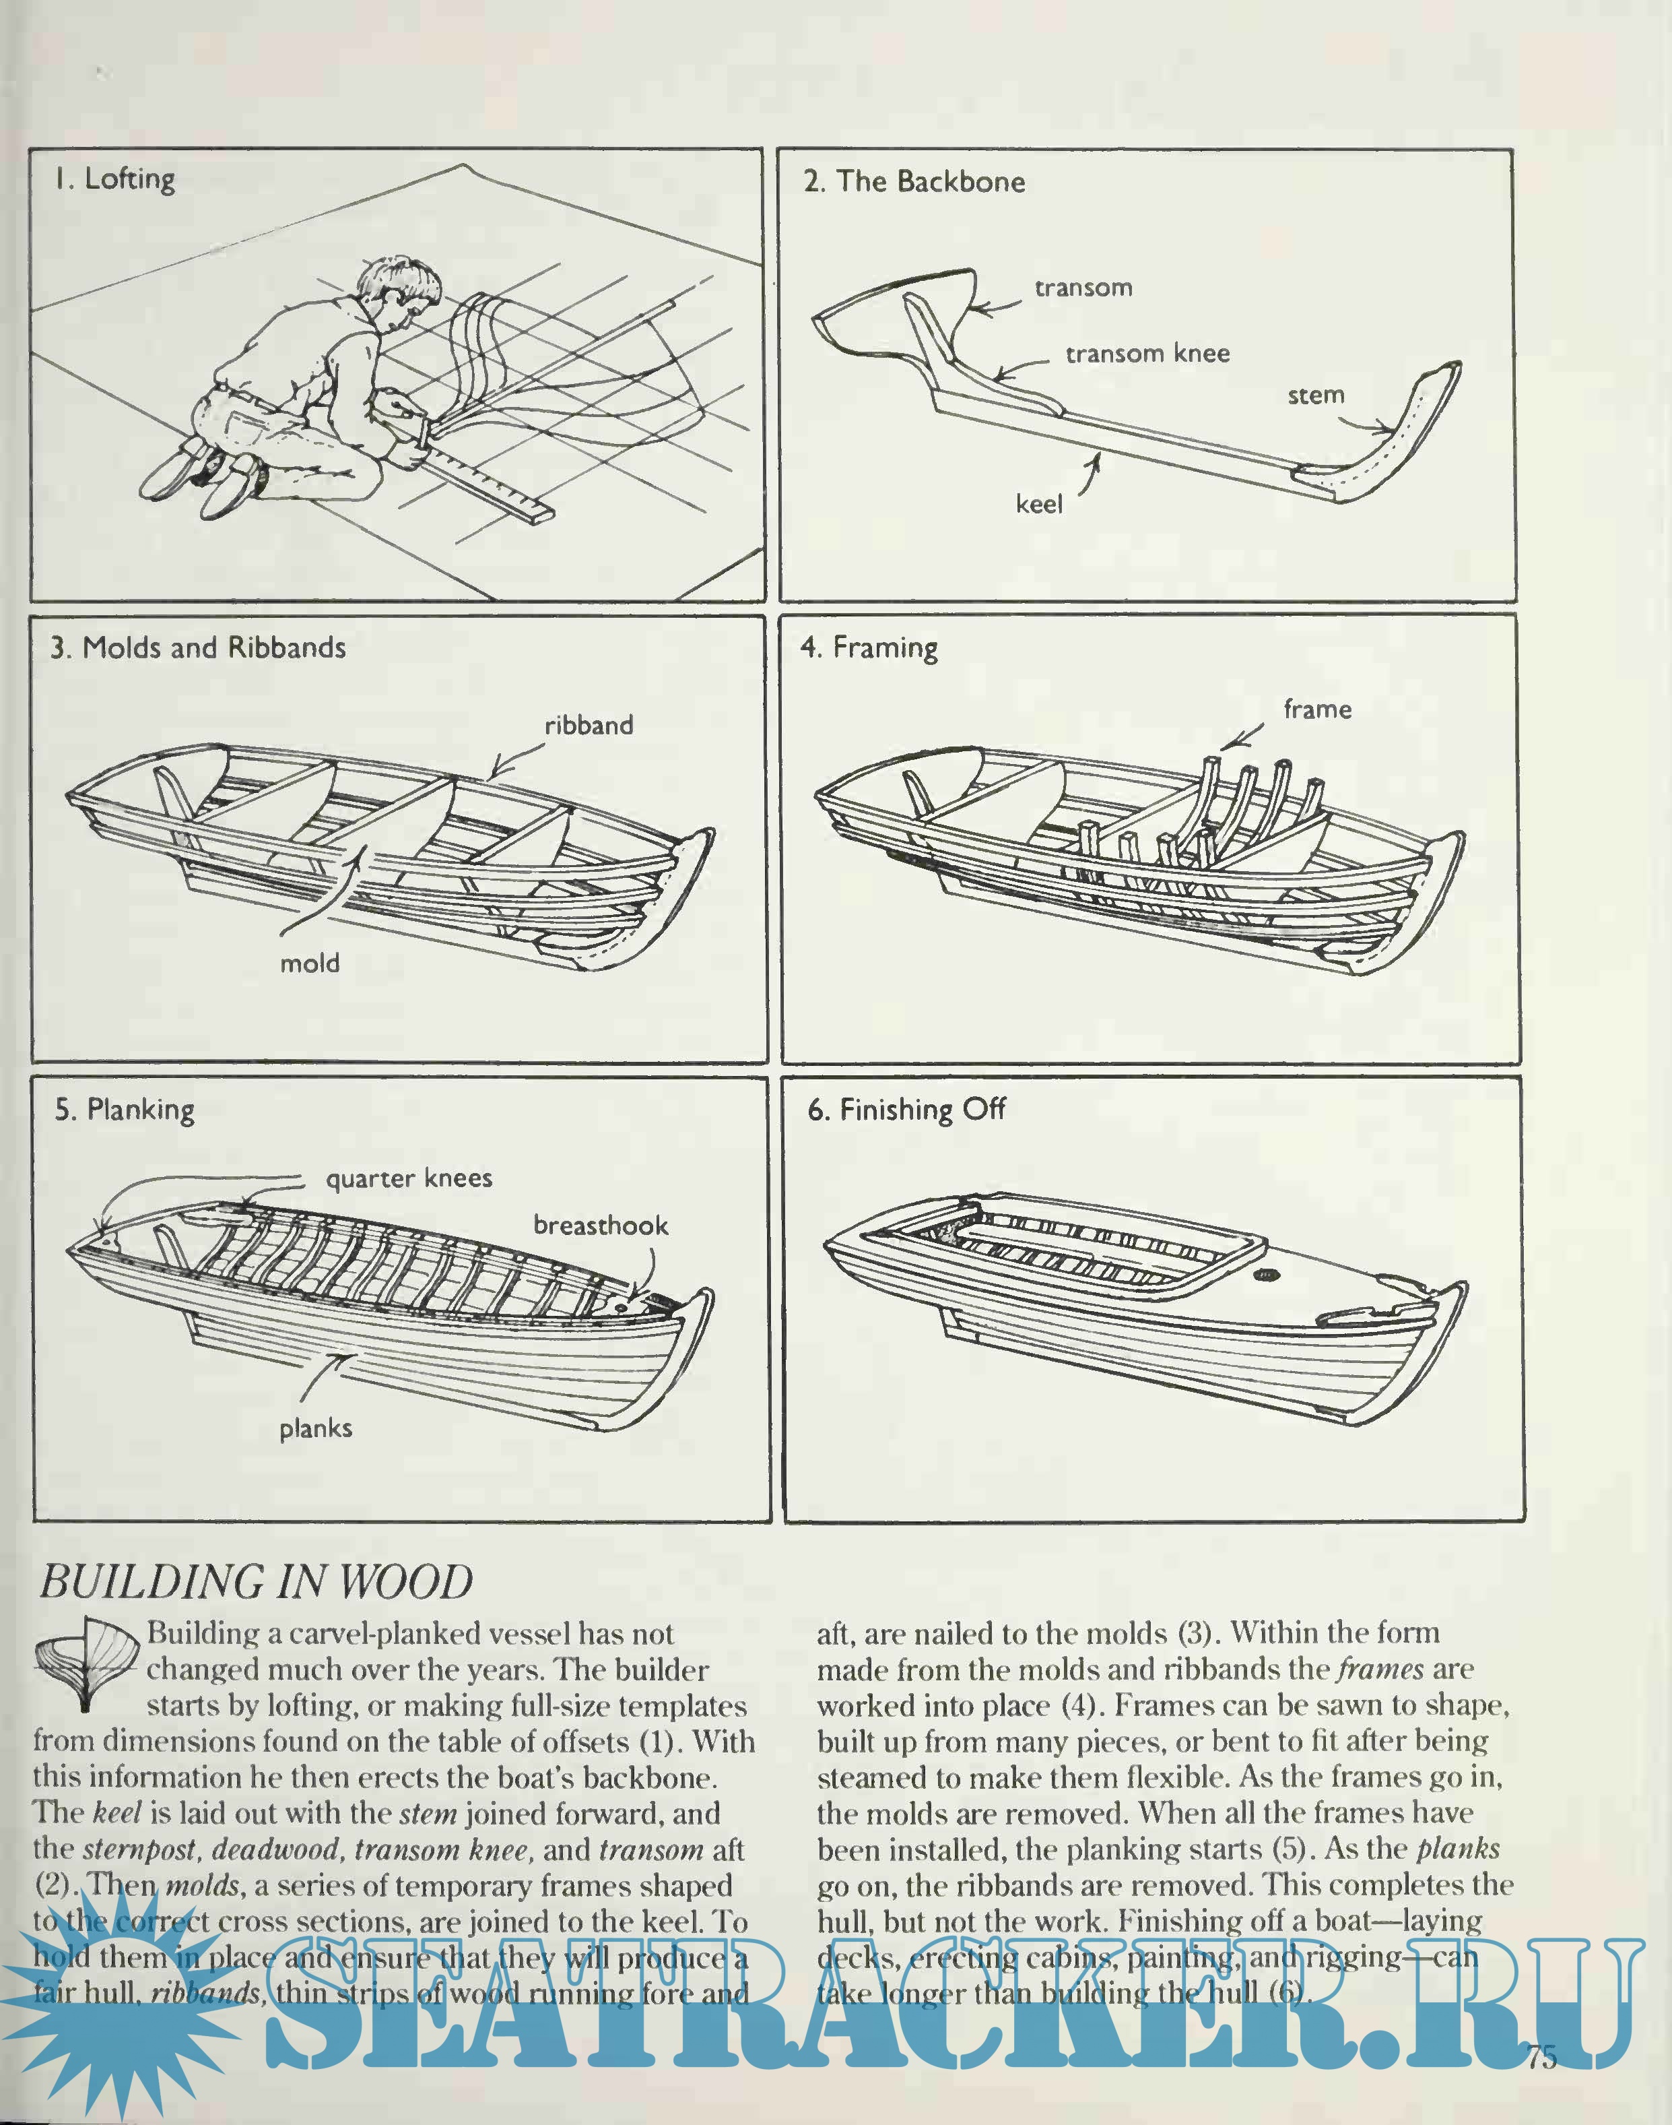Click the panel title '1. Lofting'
114,179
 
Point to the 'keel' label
1038,505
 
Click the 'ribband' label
589,726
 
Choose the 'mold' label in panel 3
309,963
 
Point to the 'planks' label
315,1429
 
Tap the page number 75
1541,2056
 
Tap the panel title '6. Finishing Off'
906,1110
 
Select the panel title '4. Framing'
868,647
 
